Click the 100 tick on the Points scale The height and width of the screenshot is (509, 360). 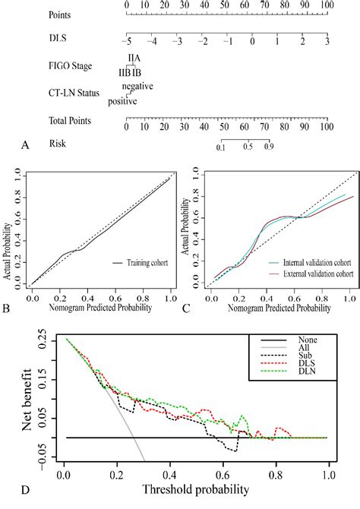326,5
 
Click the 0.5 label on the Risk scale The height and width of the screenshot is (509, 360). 247,147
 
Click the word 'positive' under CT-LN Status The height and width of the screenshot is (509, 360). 122,100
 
